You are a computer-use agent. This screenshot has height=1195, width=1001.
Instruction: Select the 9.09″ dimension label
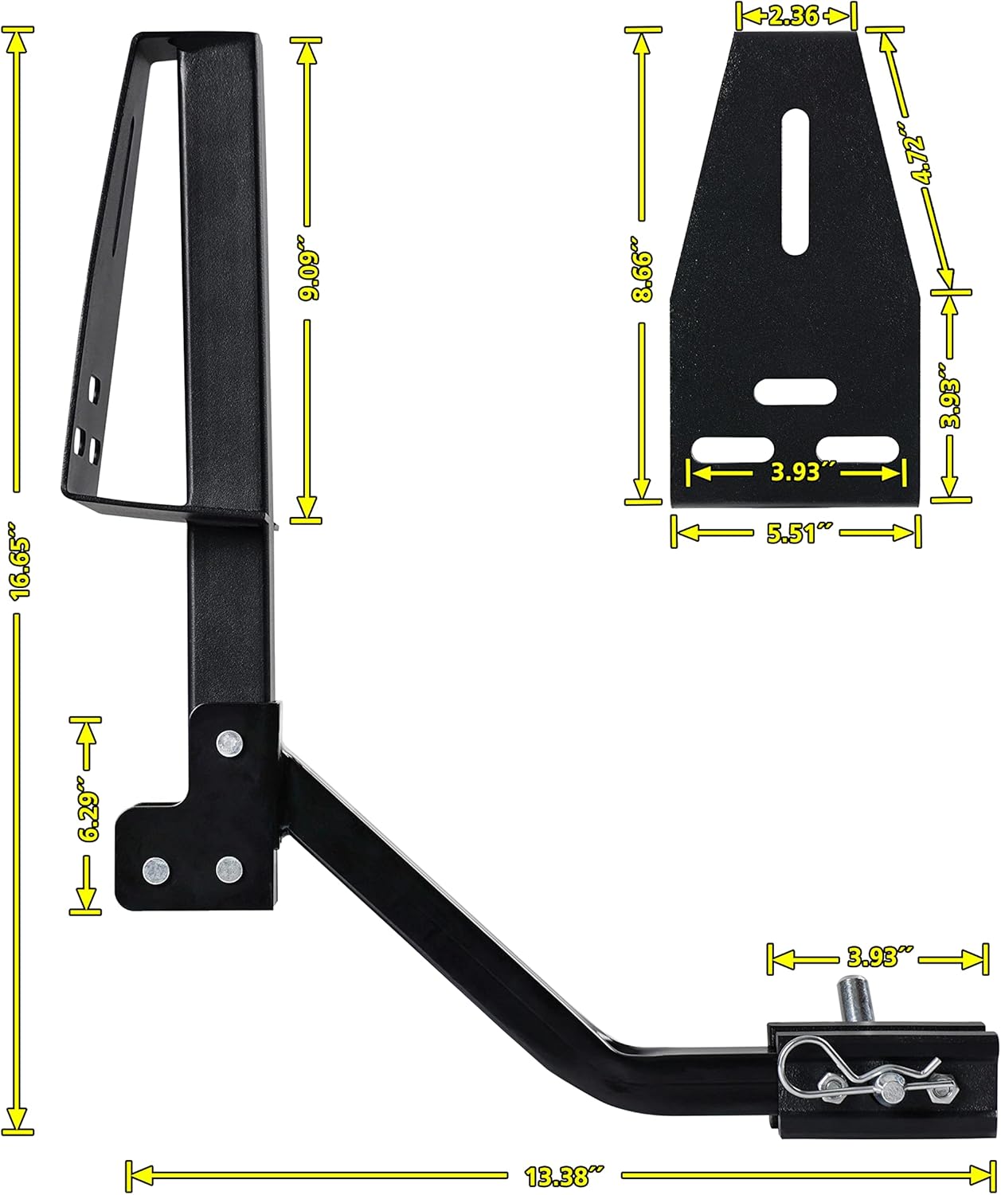pos(311,275)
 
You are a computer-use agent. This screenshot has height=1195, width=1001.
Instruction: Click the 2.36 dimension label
pos(793,16)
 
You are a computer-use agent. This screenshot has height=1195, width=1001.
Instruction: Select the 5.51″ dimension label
pos(796,533)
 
